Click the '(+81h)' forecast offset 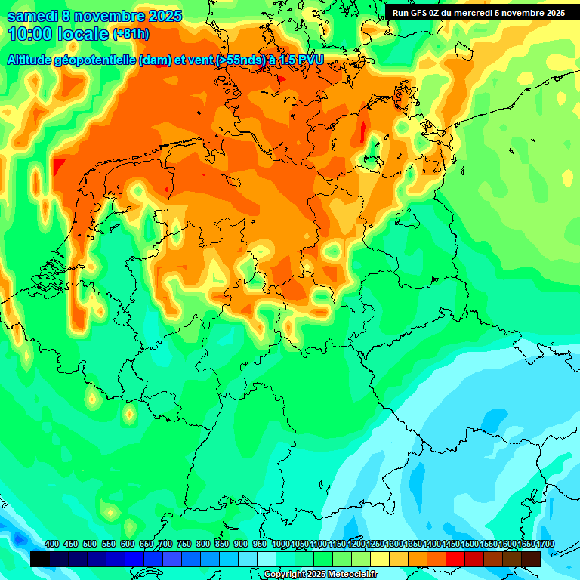(x=131, y=34)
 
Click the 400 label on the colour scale (x=52, y=545)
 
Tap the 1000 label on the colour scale (x=281, y=545)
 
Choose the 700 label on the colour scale (x=165, y=545)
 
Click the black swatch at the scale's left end (x=40, y=559)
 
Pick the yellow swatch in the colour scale (x=380, y=559)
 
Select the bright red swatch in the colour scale (x=455, y=559)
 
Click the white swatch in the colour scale (x=267, y=559)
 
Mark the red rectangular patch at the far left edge (x=60, y=165)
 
